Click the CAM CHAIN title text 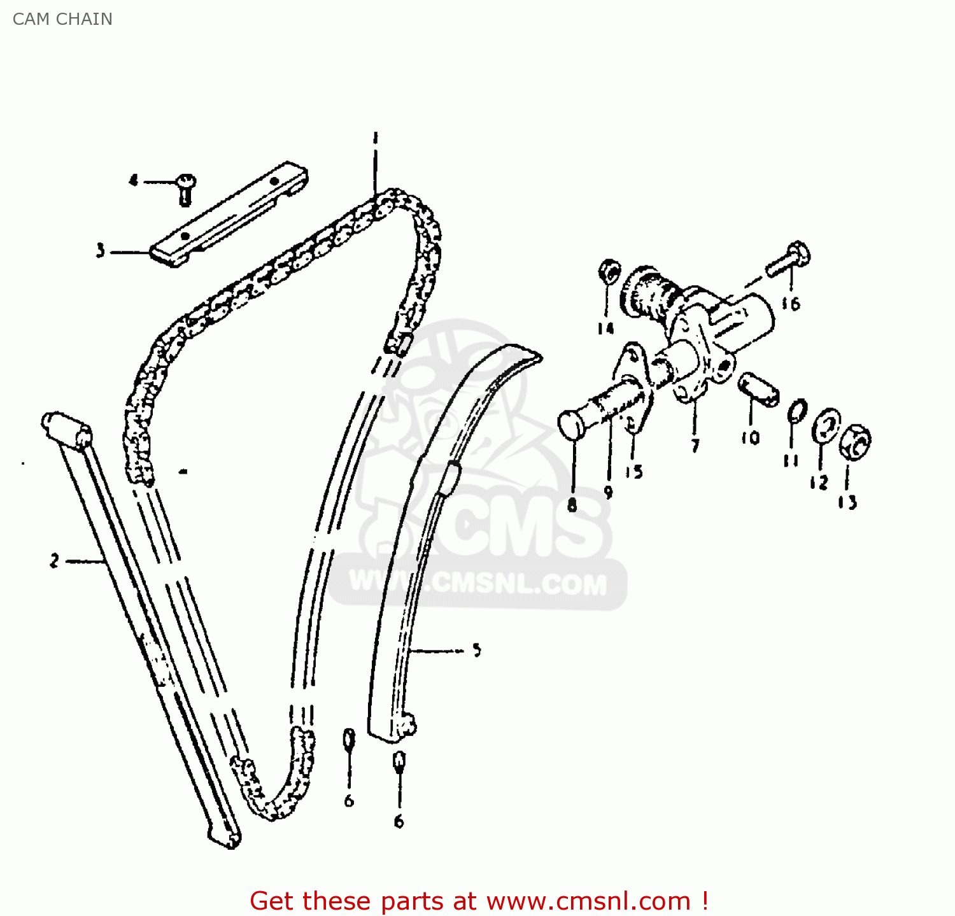62,19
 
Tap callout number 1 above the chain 376,137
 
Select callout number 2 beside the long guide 55,561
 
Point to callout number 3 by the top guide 101,251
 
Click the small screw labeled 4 186,188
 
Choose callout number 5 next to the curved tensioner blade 477,650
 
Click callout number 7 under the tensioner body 695,446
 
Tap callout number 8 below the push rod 572,505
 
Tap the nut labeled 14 609,272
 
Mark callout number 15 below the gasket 633,472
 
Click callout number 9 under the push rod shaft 609,492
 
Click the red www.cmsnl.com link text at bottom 588,901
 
